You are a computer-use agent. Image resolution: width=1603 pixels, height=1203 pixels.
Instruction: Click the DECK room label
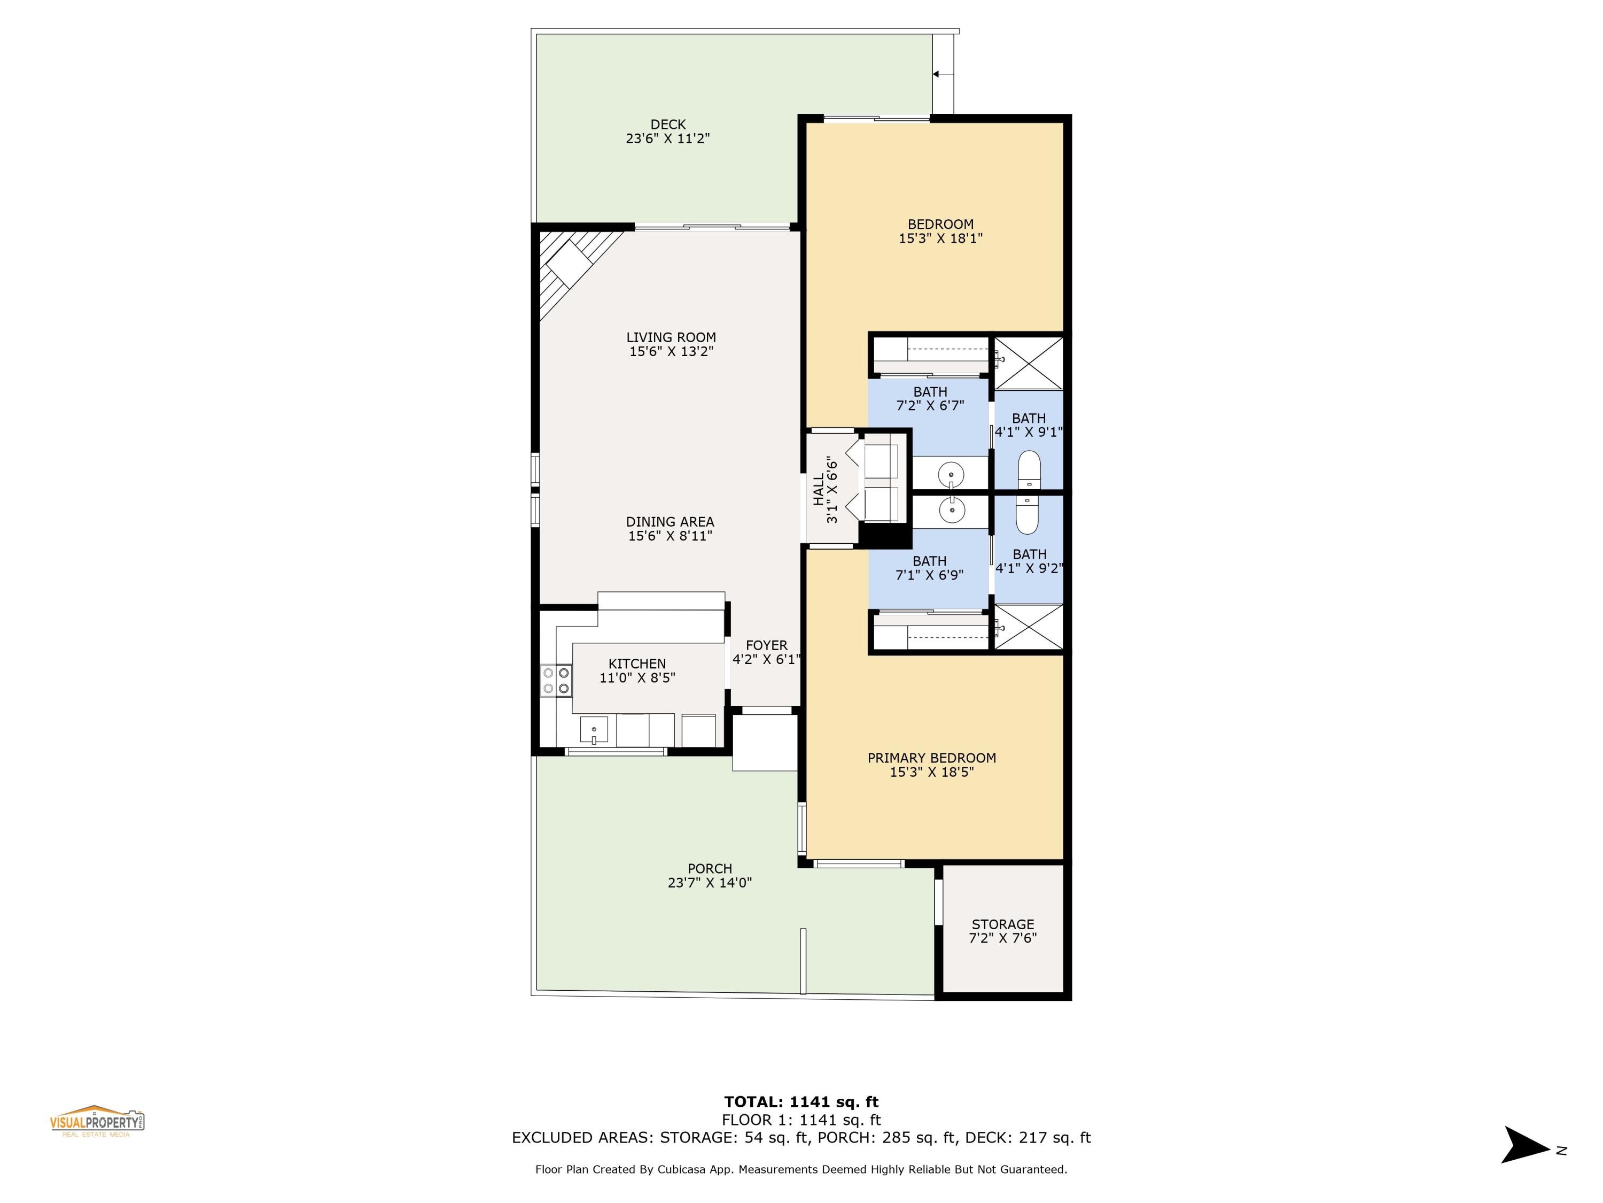667,125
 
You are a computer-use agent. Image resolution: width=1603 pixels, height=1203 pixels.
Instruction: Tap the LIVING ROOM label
671,337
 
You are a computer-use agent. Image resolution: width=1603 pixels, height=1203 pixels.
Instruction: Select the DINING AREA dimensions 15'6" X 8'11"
670,536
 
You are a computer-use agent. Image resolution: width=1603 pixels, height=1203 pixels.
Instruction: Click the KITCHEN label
636,664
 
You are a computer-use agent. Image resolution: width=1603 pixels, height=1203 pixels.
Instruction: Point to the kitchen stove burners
556,681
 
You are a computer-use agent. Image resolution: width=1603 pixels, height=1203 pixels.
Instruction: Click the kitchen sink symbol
594,729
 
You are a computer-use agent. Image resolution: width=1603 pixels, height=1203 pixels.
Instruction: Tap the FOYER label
766,645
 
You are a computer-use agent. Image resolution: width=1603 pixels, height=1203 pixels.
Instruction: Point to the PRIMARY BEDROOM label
931,758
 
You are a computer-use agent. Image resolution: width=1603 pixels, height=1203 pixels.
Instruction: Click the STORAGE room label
1002,924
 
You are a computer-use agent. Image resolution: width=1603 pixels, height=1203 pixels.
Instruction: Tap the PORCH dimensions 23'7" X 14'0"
710,883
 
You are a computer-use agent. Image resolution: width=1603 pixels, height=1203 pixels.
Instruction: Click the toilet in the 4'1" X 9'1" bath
1029,470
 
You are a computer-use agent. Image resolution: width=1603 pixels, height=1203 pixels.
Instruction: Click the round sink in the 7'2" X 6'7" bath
950,476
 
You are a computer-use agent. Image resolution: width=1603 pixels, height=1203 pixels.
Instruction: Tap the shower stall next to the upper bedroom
1028,363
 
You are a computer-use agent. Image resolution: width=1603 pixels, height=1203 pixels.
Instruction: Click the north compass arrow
1526,1144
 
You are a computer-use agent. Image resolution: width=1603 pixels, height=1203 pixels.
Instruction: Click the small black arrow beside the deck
936,74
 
